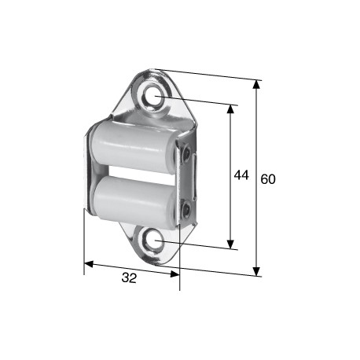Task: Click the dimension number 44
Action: coord(241,175)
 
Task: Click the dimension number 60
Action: coord(268,179)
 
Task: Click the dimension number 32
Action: coord(129,277)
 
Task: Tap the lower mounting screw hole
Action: coord(152,240)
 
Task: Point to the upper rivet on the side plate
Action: coord(186,152)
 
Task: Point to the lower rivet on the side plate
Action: coord(186,209)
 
